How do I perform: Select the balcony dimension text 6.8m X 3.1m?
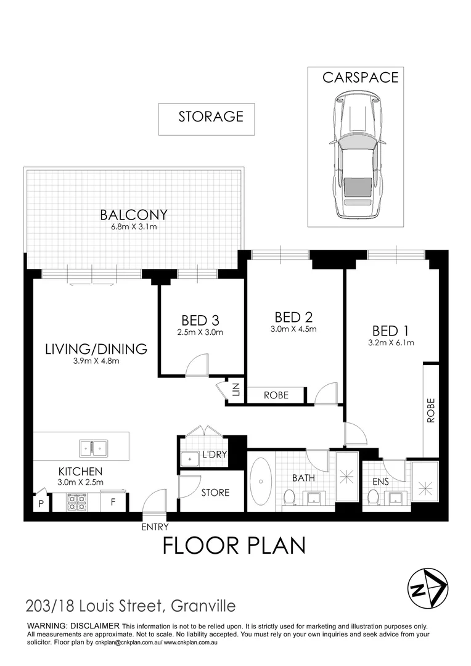click(134, 227)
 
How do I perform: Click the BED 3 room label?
click(200, 321)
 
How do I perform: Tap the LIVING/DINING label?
click(96, 349)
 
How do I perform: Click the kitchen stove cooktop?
click(77, 501)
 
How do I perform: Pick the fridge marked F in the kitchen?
click(113, 502)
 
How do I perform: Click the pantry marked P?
click(41, 503)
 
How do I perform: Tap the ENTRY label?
click(155, 527)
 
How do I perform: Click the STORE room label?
click(215, 493)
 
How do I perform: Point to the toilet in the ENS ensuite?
click(373, 497)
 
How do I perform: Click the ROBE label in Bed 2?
click(276, 395)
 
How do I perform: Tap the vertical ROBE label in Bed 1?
click(430, 410)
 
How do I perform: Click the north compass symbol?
click(426, 588)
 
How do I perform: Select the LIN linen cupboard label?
click(236, 390)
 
